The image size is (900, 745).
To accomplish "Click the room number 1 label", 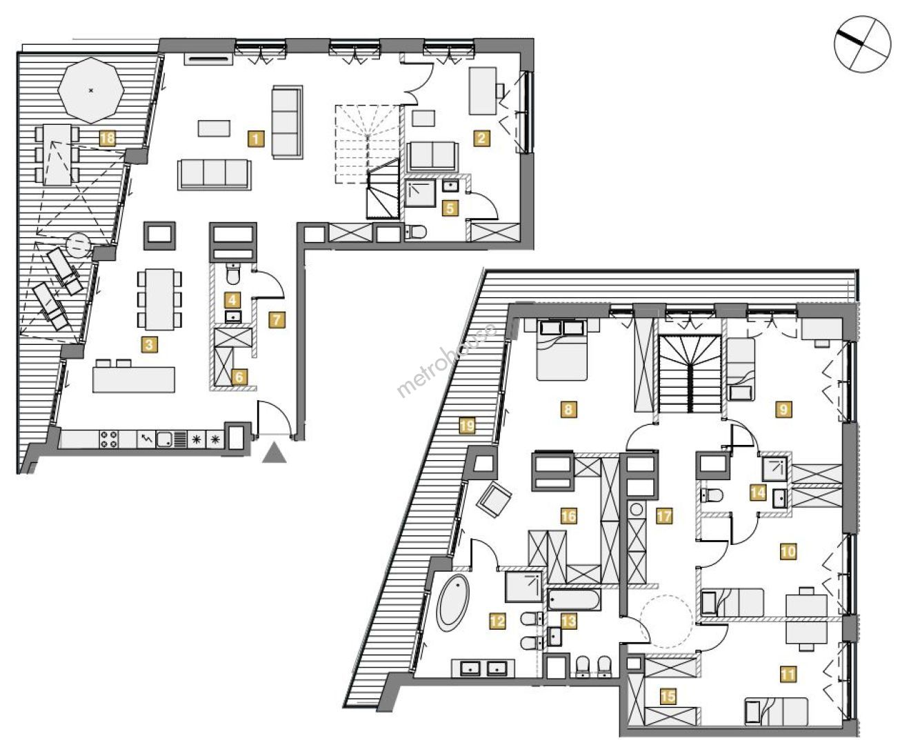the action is (x=256, y=139).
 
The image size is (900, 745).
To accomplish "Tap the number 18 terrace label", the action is (x=108, y=139).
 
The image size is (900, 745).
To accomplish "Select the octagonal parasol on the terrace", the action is (x=91, y=90).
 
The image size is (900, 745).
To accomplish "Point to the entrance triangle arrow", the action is (x=274, y=455).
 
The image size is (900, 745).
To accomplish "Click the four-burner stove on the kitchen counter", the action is (x=109, y=439).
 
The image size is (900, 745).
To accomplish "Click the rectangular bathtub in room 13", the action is (x=574, y=599).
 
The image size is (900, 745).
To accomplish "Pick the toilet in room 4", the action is (x=233, y=274).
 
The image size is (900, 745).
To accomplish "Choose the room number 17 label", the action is (x=664, y=516).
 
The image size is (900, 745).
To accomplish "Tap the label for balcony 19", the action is (x=468, y=426).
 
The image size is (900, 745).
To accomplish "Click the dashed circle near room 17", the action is (x=666, y=622).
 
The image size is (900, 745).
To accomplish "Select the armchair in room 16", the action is (x=494, y=500).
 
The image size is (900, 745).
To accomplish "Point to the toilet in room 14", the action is (x=712, y=495).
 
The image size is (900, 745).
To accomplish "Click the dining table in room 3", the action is (x=159, y=299).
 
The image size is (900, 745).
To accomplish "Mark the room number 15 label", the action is (x=668, y=695).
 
